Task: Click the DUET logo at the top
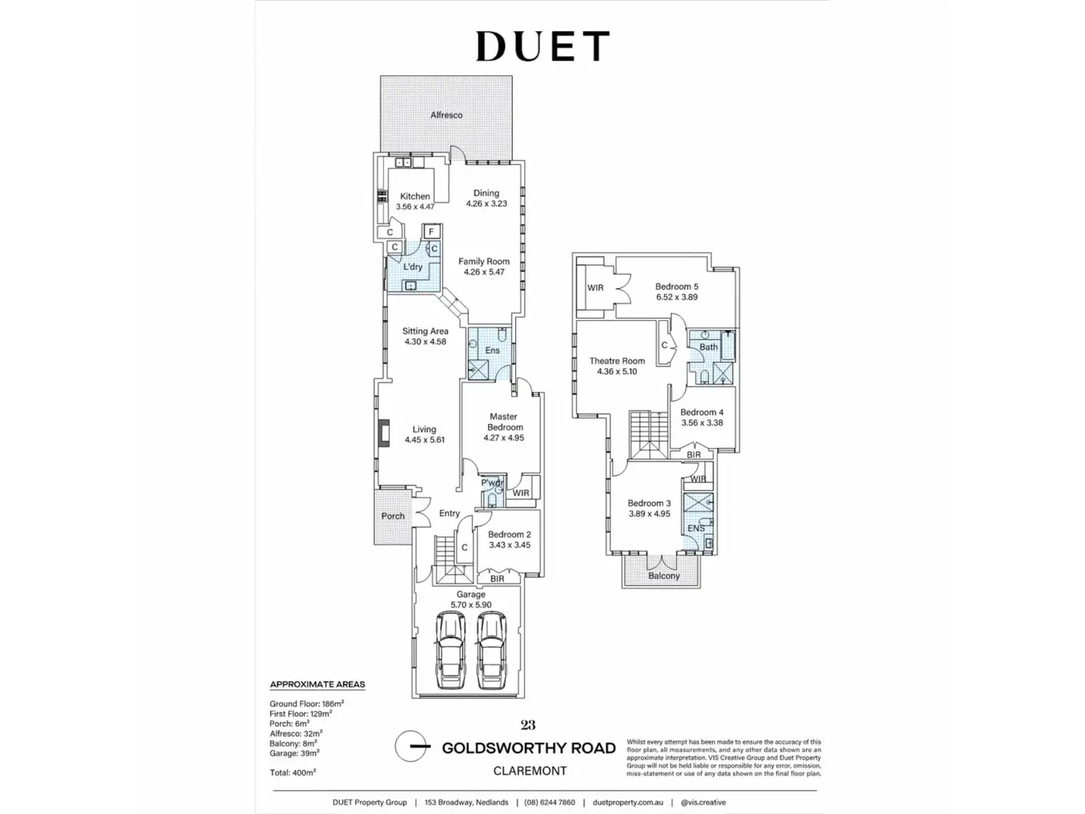(542, 46)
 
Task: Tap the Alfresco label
(447, 115)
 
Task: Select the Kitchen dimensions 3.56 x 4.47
(415, 206)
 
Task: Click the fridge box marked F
(431, 232)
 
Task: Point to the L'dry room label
(413, 267)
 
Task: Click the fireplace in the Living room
(384, 433)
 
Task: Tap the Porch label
(393, 516)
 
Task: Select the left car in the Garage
(450, 650)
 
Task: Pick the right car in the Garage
(492, 650)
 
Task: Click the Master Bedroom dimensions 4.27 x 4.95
(503, 438)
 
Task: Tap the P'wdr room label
(492, 482)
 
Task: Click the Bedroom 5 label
(677, 287)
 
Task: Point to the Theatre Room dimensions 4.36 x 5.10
(617, 372)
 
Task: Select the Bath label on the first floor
(708, 347)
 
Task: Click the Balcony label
(664, 576)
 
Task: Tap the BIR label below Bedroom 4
(694, 455)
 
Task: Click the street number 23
(528, 725)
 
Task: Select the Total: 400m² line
(293, 773)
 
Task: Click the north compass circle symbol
(411, 745)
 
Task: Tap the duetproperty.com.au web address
(628, 803)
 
